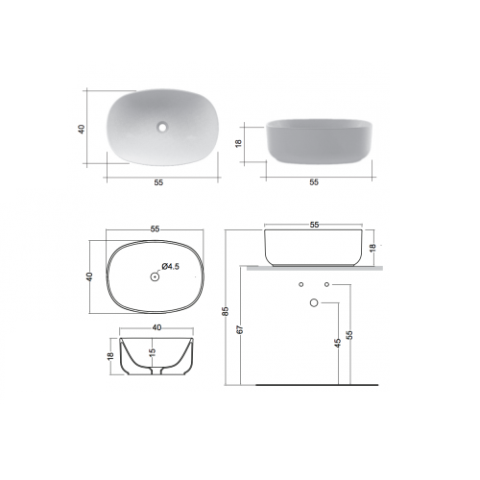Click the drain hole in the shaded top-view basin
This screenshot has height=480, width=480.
[x=162, y=128]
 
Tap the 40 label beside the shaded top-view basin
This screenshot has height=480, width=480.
[x=82, y=129]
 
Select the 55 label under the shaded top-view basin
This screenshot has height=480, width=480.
[x=158, y=182]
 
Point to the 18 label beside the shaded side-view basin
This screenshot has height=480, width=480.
[x=238, y=143]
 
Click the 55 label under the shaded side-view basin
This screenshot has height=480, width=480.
[x=314, y=182]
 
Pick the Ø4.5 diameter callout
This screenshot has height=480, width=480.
[x=171, y=266]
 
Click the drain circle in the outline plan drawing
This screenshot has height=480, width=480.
[x=155, y=276]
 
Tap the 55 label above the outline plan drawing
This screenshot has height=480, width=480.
[x=155, y=228]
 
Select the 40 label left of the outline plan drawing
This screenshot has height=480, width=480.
[x=89, y=276]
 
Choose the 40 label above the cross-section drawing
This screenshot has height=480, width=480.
[x=156, y=327]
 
